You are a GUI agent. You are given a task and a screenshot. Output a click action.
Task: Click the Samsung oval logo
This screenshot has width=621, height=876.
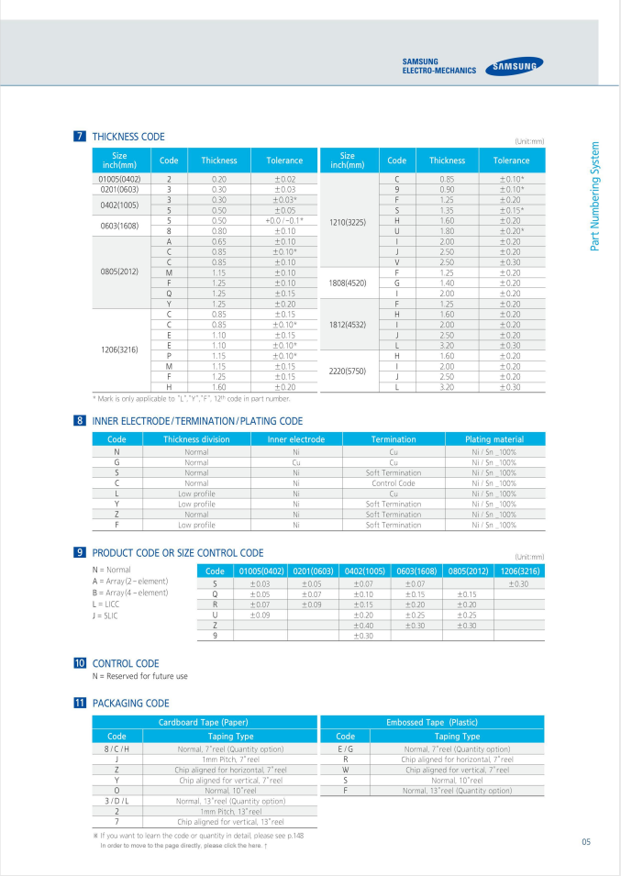tap(514, 65)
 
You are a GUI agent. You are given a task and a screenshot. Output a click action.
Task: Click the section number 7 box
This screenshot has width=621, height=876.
tap(80, 137)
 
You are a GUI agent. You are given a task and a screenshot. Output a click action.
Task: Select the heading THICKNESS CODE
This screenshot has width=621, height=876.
tap(128, 137)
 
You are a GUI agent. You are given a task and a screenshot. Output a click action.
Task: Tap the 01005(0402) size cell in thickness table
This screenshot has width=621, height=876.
tap(119, 179)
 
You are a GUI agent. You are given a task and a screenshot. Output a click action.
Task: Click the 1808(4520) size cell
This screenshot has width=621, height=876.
tap(347, 283)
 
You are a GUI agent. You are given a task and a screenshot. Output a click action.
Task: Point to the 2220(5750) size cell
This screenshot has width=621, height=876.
tap(347, 371)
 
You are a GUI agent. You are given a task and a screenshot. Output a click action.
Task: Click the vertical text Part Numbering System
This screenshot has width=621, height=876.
tap(594, 195)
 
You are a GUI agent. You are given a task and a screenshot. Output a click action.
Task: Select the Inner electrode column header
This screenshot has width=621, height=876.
tap(295, 439)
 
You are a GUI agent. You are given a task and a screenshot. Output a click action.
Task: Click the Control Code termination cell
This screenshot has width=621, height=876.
tap(394, 482)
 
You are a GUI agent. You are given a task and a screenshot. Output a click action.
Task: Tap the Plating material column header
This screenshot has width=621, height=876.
tap(494, 439)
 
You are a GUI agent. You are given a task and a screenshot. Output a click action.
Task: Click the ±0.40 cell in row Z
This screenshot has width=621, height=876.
tap(363, 626)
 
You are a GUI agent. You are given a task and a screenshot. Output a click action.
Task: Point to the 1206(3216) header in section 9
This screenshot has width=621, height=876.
tap(518, 571)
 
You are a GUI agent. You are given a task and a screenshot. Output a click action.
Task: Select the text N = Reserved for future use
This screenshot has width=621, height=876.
tap(140, 676)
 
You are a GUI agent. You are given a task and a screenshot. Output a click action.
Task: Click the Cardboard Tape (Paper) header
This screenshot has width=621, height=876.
tap(204, 722)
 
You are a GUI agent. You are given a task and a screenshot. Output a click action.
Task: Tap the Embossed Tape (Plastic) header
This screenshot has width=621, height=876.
tap(432, 722)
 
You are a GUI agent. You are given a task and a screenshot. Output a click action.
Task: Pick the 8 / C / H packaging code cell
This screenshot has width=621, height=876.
tap(116, 748)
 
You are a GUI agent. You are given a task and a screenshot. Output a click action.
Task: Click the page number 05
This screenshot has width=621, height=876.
tap(585, 842)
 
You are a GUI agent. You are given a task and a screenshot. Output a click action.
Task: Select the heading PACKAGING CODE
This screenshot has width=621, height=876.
tap(131, 704)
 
